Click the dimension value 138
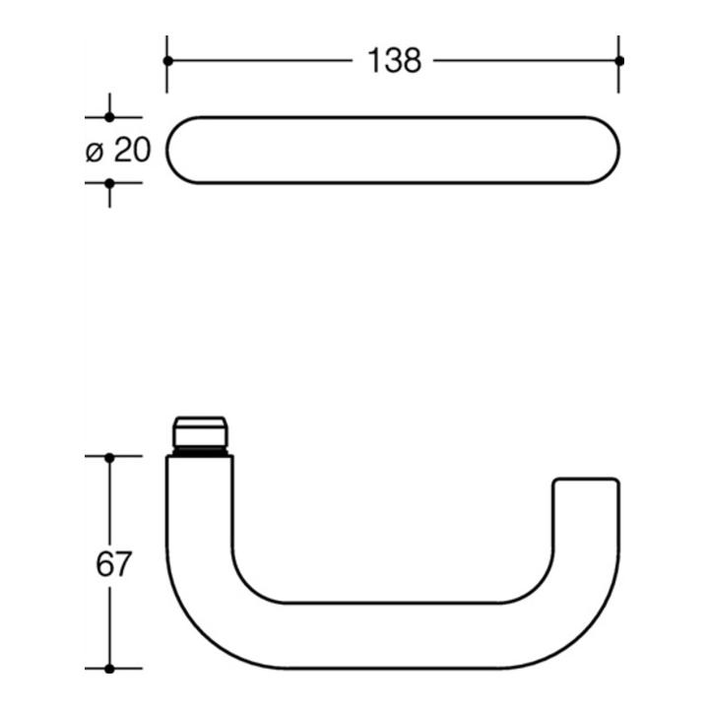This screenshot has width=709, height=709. tap(394, 61)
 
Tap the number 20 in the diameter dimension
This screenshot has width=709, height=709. tap(132, 150)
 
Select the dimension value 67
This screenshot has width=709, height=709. tap(113, 563)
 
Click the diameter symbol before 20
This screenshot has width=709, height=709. tap(95, 152)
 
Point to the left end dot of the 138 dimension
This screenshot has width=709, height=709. tap(167, 61)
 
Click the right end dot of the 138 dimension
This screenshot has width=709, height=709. tap(619, 61)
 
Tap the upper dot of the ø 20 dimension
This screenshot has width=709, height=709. tap(109, 117)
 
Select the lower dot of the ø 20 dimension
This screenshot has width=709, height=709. tap(109, 183)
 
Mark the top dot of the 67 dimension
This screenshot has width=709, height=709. tap(109, 458)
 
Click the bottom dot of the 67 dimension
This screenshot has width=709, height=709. tap(109, 669)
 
